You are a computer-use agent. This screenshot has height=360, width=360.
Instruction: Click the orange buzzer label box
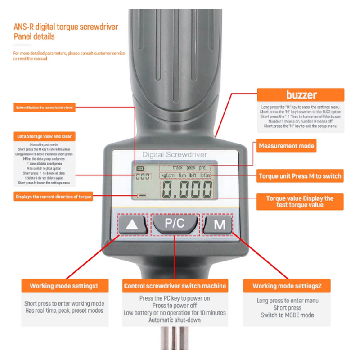click(301, 95)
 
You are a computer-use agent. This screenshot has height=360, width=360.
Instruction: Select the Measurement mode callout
click(286, 146)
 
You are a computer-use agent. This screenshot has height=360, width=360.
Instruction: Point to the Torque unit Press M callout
click(300, 176)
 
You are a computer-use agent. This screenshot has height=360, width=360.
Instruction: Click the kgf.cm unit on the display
click(168, 175)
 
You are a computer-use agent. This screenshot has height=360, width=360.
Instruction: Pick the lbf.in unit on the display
click(208, 175)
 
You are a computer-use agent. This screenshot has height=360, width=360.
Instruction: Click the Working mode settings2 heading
click(287, 286)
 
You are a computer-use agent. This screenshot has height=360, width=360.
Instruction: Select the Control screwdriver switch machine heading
click(175, 286)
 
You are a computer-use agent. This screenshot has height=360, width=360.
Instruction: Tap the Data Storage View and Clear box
click(44, 136)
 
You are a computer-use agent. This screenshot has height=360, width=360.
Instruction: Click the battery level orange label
click(45, 108)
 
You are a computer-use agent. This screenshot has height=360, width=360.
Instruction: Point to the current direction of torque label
click(54, 197)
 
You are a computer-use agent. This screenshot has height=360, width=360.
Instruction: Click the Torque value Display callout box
click(300, 202)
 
